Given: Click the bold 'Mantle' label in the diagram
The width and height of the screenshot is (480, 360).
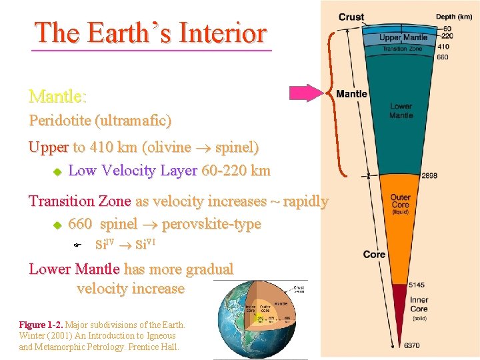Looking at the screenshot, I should tap(351, 94).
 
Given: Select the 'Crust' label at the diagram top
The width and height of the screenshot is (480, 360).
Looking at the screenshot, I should tap(351, 17).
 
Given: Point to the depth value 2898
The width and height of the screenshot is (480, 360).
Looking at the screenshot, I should tap(430, 176).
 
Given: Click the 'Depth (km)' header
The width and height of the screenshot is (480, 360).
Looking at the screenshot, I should tap(455, 17).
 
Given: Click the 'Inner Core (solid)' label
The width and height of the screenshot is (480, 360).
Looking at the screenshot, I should tap(419, 309).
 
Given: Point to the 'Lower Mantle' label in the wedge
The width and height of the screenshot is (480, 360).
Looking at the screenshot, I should tap(401, 111).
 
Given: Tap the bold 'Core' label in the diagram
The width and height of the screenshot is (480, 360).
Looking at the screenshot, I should tap(374, 254).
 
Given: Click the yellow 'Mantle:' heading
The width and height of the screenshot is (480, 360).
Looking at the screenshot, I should tap(57, 97).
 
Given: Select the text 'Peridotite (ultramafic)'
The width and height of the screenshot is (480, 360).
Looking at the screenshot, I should tap(100, 121).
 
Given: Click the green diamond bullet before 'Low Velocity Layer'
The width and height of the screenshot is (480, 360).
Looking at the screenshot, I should tap(57, 172).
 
